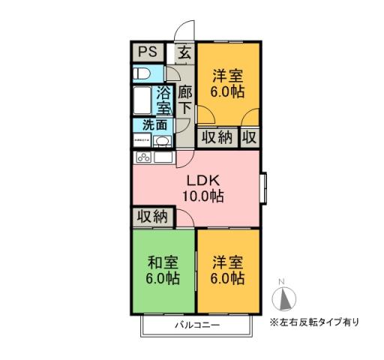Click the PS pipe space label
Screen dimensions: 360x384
(147, 52)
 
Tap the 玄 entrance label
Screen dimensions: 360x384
(184, 52)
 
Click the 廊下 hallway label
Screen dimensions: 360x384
(185, 101)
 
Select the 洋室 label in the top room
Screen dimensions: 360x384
(229, 75)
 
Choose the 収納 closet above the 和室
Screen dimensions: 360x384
(152, 217)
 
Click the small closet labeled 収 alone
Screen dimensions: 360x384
(250, 137)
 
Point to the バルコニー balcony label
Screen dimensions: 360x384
(197, 326)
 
